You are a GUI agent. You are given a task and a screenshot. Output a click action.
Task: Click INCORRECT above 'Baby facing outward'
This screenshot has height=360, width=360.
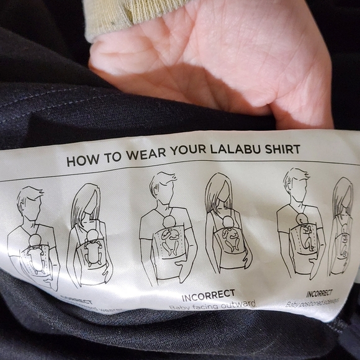click(x=209, y=294)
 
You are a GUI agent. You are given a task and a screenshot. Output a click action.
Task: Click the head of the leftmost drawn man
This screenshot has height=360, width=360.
click(x=29, y=202)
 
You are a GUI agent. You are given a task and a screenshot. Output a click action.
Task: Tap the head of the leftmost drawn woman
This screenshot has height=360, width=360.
click(x=87, y=202)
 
